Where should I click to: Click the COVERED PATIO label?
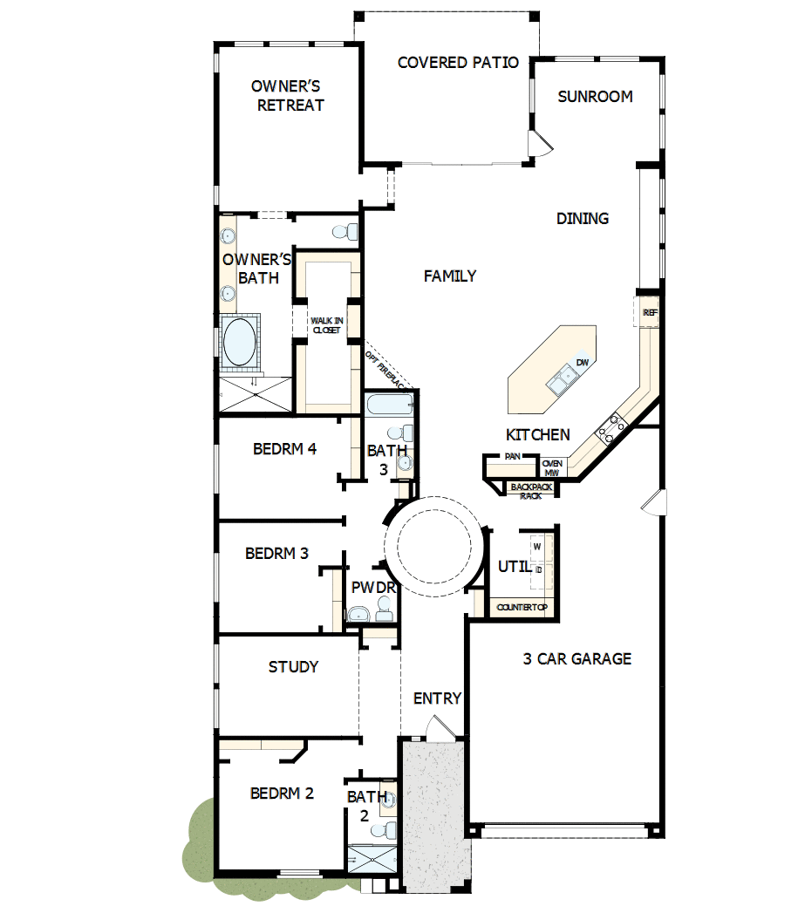(458, 63)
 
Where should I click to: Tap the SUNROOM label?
(595, 97)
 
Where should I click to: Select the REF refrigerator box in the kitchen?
(649, 312)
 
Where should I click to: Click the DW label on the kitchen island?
(582, 362)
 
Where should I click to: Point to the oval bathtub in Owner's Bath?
(240, 342)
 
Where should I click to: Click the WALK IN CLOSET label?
(327, 325)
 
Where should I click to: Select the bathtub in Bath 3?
(389, 405)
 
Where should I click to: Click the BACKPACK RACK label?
(531, 491)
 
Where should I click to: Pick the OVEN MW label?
(552, 467)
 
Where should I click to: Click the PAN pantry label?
(512, 456)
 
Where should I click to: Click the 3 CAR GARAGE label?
(576, 659)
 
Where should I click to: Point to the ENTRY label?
(437, 698)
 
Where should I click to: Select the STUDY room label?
(293, 667)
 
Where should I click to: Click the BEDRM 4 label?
(284, 450)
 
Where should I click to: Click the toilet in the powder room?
(359, 615)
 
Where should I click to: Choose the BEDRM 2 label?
(282, 794)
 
